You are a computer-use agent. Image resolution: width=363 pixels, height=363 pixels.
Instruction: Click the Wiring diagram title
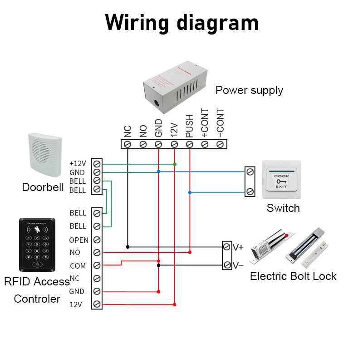(x=181, y=23)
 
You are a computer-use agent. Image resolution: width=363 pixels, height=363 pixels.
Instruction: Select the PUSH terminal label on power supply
(x=190, y=126)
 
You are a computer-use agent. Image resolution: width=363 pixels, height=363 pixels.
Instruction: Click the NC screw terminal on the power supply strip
(x=128, y=144)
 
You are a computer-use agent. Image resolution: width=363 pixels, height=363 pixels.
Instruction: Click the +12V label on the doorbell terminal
(x=77, y=163)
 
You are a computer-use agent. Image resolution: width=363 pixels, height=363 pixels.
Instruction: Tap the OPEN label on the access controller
(x=78, y=240)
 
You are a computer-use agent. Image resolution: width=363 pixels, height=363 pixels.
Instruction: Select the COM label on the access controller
(x=78, y=266)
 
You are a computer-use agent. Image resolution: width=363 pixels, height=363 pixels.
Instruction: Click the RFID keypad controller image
(x=37, y=245)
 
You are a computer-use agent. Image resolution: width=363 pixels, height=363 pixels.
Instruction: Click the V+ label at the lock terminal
(x=238, y=247)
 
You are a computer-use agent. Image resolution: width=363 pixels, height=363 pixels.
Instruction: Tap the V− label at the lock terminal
(x=238, y=265)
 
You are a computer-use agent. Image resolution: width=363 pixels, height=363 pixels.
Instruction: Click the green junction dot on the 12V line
(x=175, y=164)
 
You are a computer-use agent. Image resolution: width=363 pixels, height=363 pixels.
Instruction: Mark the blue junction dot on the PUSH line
(x=190, y=192)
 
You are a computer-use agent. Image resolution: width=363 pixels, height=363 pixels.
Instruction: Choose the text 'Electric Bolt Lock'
(x=293, y=276)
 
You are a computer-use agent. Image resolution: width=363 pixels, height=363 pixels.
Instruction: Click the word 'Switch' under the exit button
(x=283, y=208)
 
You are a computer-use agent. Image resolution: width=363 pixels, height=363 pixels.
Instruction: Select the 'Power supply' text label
(x=249, y=90)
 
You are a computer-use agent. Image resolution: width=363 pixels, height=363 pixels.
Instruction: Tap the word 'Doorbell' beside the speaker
(x=43, y=187)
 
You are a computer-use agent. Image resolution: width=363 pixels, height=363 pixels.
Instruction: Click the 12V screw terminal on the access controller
(x=96, y=304)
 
